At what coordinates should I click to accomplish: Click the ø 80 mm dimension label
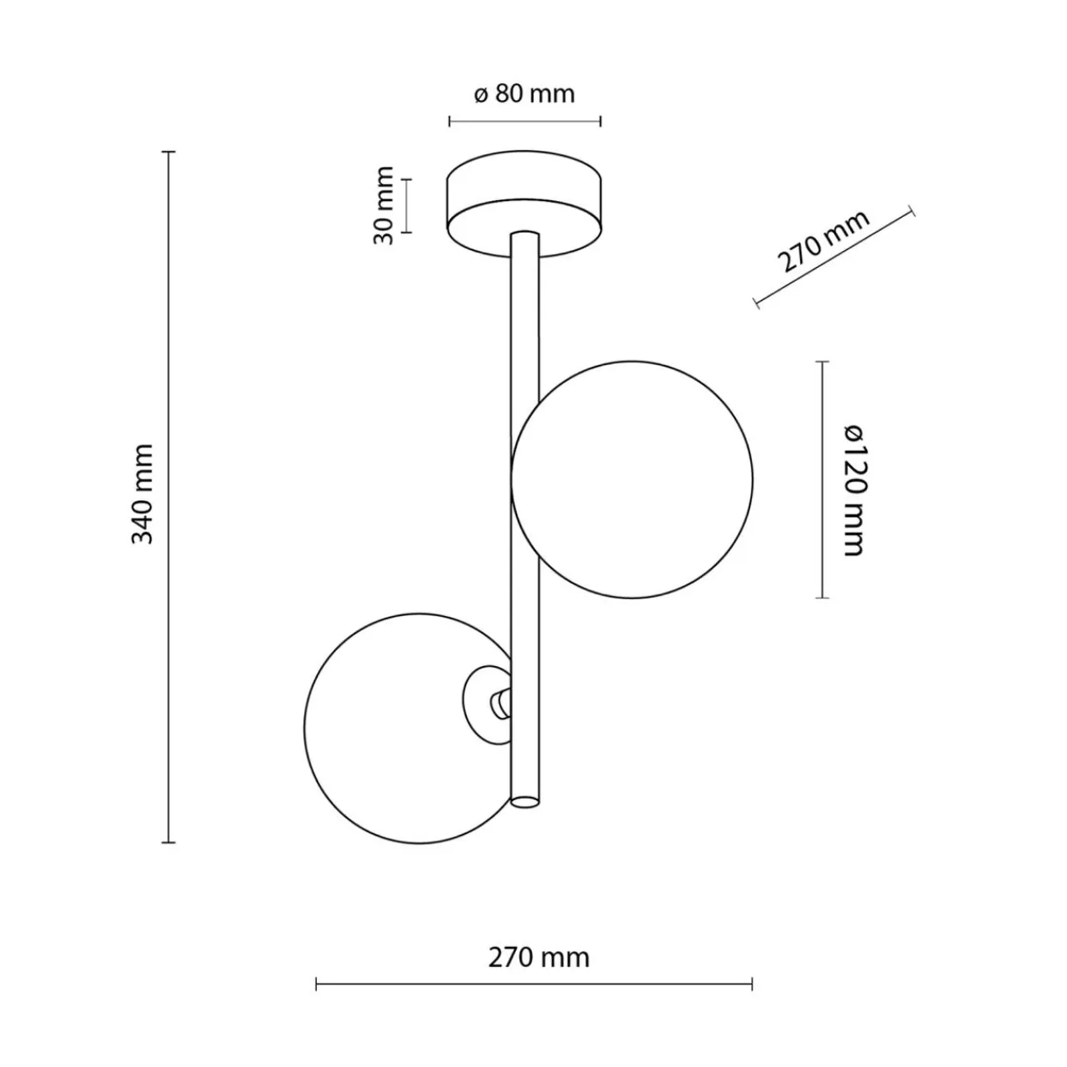click(524, 94)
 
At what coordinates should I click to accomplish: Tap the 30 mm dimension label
click(383, 205)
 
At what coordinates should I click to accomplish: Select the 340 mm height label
click(142, 495)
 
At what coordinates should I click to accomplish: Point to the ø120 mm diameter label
click(853, 489)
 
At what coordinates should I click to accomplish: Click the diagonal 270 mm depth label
click(823, 242)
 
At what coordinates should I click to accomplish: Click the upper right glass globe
click(632, 479)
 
